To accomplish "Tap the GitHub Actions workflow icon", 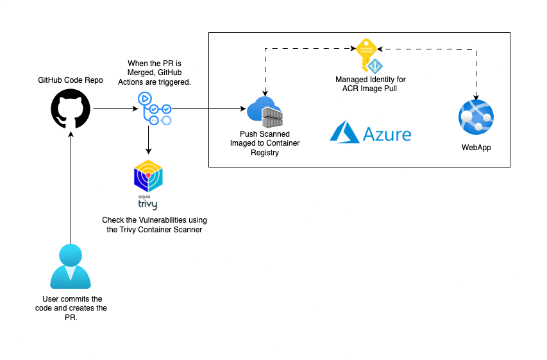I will (x=154, y=109).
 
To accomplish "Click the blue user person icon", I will (x=71, y=266).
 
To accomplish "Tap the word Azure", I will (x=387, y=134).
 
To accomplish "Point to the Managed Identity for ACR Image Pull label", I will (x=370, y=83).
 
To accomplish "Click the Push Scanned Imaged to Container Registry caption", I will (x=265, y=143).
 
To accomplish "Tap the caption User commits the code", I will (x=71, y=308).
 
